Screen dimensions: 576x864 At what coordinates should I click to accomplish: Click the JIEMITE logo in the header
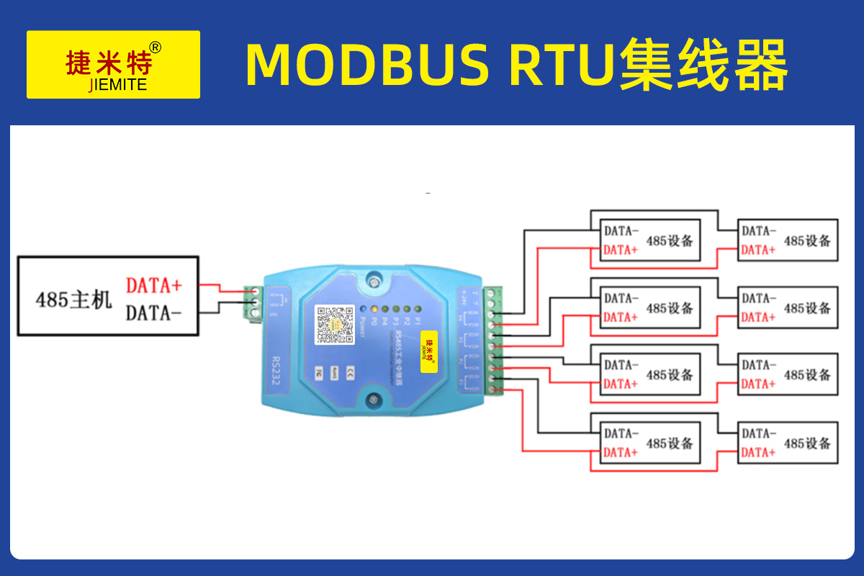click(x=113, y=65)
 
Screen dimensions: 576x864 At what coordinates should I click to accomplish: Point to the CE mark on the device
click(x=351, y=372)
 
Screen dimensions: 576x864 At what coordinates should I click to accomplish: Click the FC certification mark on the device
click(x=319, y=372)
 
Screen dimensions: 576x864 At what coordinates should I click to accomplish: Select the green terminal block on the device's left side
click(x=253, y=305)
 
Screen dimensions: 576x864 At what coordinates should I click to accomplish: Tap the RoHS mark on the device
click(x=335, y=372)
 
